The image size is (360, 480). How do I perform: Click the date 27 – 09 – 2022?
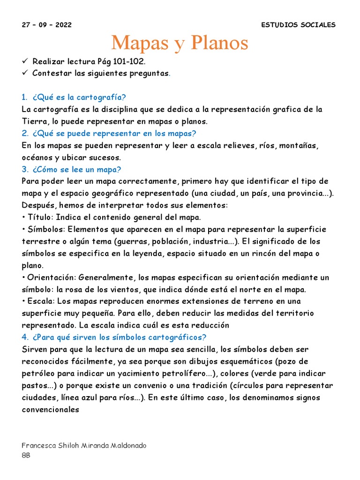(47, 25)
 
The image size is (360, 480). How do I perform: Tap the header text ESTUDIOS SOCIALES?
(298, 25)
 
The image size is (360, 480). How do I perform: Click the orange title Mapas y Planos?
(180, 43)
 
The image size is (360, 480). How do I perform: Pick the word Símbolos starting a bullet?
(45, 229)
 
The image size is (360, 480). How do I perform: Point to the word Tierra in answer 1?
(33, 121)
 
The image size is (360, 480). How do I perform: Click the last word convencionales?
(51, 409)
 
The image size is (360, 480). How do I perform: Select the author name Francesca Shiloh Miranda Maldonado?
(84, 445)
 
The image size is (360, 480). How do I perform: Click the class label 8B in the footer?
(26, 455)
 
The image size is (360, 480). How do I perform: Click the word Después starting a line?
(38, 205)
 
